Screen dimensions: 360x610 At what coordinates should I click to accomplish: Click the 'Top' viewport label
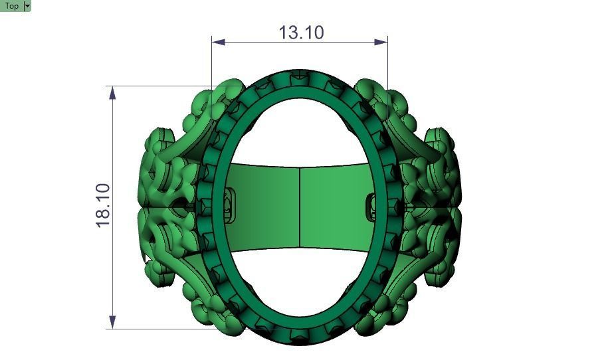(x=11, y=6)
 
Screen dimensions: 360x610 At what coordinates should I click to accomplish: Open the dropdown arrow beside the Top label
(x=27, y=6)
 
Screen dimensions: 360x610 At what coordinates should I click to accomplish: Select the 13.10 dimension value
(x=301, y=32)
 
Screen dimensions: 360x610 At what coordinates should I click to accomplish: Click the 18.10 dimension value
(x=104, y=207)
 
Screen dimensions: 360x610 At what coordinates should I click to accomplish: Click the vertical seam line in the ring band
(x=300, y=207)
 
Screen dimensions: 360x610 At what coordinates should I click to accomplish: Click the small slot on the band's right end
(x=371, y=207)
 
